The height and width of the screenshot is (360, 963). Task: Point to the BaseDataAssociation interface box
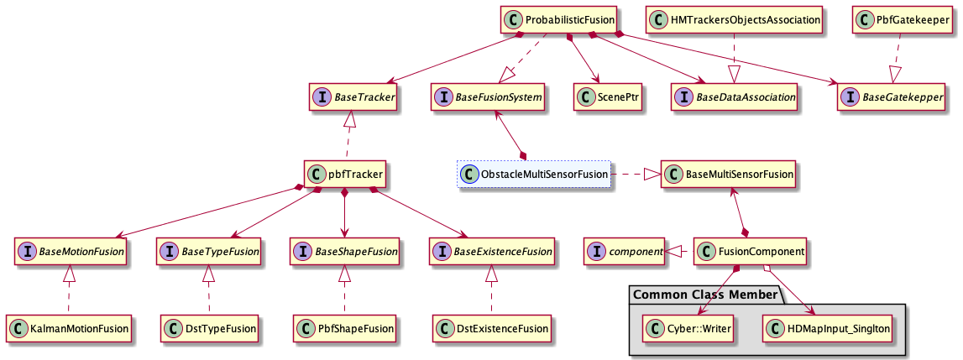coord(735,97)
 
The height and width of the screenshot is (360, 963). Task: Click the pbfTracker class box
coord(346,175)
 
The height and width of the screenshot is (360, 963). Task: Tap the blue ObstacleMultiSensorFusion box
coord(533,175)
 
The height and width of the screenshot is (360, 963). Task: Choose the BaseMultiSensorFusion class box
coord(727,175)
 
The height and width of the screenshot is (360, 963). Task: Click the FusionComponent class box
coord(751,251)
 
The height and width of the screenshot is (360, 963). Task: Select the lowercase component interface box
coord(625,251)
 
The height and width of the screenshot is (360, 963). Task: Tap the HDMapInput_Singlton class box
coord(826,328)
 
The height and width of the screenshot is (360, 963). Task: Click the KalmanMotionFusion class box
coord(70,328)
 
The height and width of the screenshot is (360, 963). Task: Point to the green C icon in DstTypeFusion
coord(175,328)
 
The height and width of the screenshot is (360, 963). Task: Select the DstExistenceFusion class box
coord(493,328)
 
